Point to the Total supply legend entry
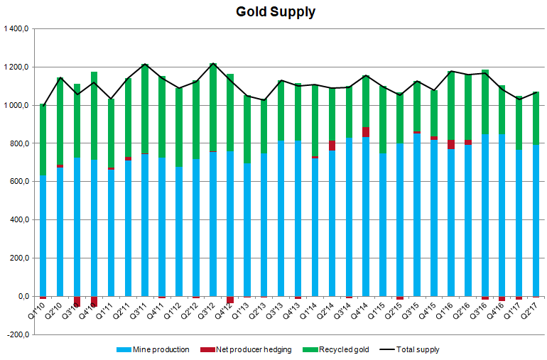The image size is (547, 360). click(x=409, y=349)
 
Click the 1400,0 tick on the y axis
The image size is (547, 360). click(x=15, y=29)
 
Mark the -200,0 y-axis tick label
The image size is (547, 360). click(x=15, y=334)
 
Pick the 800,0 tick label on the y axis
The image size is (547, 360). click(x=17, y=143)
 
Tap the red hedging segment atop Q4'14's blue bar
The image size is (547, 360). click(x=366, y=132)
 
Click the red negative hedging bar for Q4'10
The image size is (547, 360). click(x=94, y=301)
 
